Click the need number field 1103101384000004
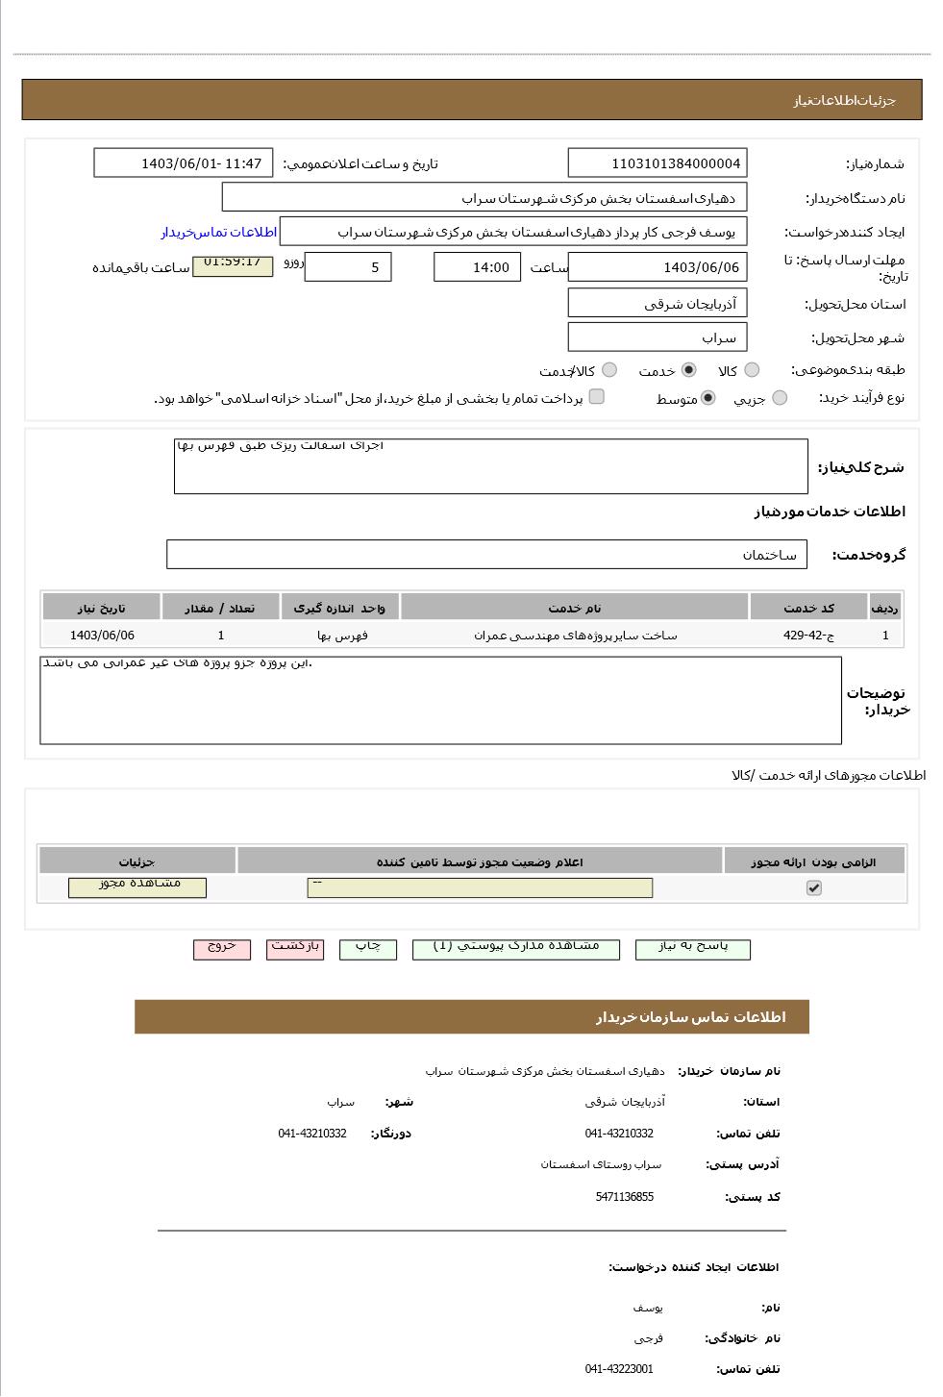pyautogui.click(x=657, y=163)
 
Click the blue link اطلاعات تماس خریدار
pyautogui.click(x=218, y=233)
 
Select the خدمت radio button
pyautogui.click(x=688, y=370)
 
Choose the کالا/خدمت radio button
pyautogui.click(x=609, y=370)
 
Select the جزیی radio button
pyautogui.click(x=780, y=398)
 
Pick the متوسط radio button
pyautogui.click(x=707, y=398)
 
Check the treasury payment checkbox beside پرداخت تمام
pyautogui.click(x=596, y=397)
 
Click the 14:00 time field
pyautogui.click(x=477, y=267)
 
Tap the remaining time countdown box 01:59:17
pyautogui.click(x=233, y=264)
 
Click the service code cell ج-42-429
pyautogui.click(x=808, y=636)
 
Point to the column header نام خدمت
pyautogui.click(x=574, y=608)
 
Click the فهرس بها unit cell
pyautogui.click(x=342, y=636)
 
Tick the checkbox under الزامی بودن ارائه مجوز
pyautogui.click(x=813, y=888)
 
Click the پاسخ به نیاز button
pyautogui.click(x=692, y=949)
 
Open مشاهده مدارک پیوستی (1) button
pyautogui.click(x=515, y=949)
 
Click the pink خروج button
pyautogui.click(x=221, y=949)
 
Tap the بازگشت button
pyautogui.click(x=295, y=949)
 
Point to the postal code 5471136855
pyautogui.click(x=624, y=1197)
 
